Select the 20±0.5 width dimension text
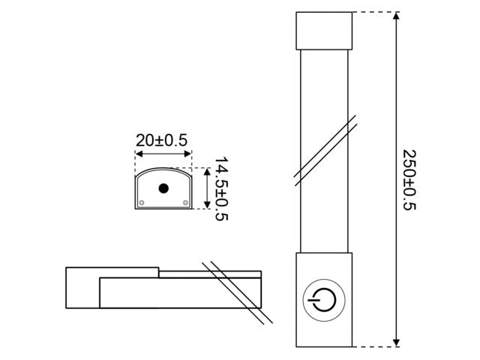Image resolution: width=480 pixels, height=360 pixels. coord(161,139)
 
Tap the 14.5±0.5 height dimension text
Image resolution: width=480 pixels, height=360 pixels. coord(221,189)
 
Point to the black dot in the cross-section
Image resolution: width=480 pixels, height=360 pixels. coord(163,189)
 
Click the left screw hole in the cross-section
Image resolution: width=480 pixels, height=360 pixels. coord(142,203)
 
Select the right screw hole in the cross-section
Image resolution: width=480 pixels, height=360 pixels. coord(184,203)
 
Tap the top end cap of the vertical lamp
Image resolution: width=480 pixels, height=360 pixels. coord(323,30)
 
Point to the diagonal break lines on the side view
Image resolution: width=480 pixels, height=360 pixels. coord(236,292)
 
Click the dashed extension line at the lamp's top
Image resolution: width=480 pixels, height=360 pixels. coord(373,12)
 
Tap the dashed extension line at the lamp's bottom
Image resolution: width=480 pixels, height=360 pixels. coord(373,347)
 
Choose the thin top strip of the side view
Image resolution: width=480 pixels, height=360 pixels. coord(210,274)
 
